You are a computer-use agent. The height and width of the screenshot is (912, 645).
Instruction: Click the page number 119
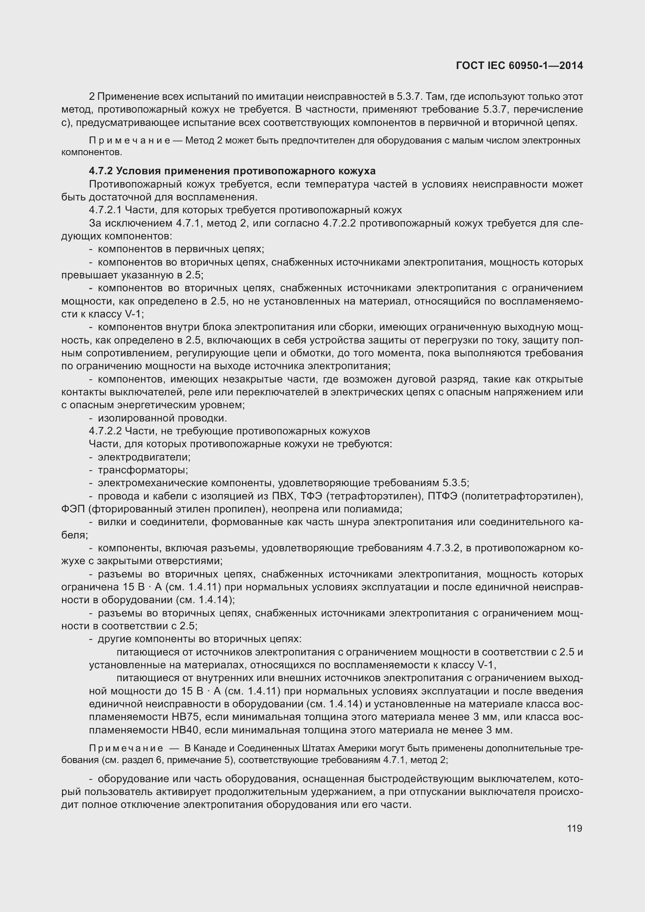coord(574,828)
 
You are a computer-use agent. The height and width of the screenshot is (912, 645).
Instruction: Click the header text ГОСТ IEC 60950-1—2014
coord(519,66)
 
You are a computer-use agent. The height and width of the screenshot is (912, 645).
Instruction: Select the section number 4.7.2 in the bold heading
coord(101,171)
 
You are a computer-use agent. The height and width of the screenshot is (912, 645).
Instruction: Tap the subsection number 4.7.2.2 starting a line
coord(105,431)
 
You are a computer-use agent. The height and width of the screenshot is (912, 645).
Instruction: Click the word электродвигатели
coord(144,457)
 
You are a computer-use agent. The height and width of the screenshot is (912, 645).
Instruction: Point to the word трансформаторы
coord(143,470)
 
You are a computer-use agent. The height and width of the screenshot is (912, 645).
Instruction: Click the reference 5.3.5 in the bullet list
coord(455,483)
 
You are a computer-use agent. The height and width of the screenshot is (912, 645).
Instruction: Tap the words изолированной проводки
coord(162,418)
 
